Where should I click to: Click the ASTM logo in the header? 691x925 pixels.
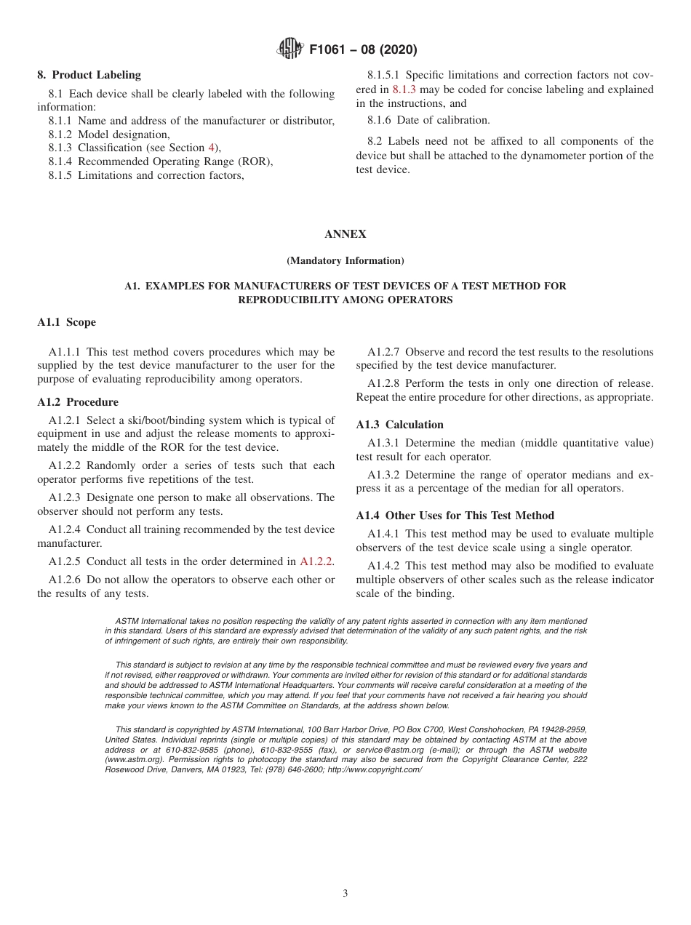pyautogui.click(x=291, y=49)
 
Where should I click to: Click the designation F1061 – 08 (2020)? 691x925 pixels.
pyautogui.click(x=363, y=50)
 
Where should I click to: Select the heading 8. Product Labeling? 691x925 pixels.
pyautogui.click(x=89, y=75)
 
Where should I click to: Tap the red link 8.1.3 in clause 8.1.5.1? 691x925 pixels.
pyautogui.click(x=404, y=89)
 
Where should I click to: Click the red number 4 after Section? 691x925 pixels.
pyautogui.click(x=212, y=148)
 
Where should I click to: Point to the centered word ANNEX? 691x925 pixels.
pyautogui.click(x=345, y=234)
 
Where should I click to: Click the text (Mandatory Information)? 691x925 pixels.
pyautogui.click(x=345, y=260)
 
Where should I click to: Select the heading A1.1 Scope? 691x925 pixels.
pyautogui.click(x=66, y=322)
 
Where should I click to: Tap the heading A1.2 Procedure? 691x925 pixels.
pyautogui.click(x=78, y=402)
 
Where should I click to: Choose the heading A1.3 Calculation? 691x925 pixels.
pyautogui.click(x=399, y=425)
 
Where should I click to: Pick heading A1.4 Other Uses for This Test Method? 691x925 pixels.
pyautogui.click(x=455, y=516)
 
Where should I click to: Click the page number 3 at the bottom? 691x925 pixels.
pyautogui.click(x=345, y=894)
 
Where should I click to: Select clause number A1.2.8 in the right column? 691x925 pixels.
pyautogui.click(x=384, y=383)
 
